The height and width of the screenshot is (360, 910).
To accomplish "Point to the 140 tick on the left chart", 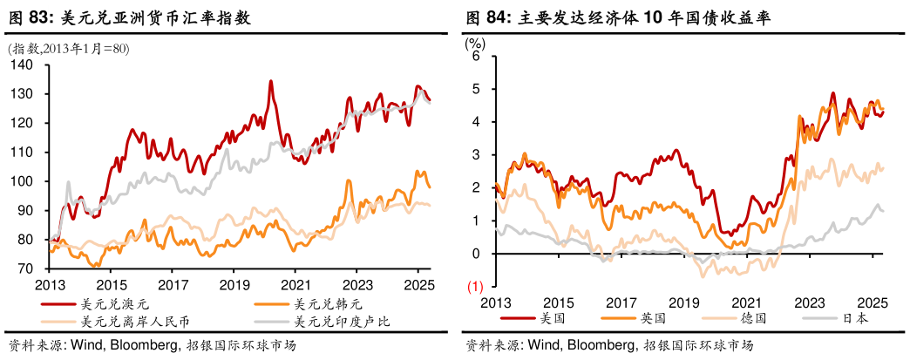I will (x=23, y=65).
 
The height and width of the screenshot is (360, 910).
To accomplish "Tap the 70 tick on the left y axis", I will (x=26, y=268).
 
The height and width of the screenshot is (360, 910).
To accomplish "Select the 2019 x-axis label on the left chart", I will (x=234, y=285).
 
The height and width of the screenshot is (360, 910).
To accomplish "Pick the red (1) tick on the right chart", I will (x=476, y=286).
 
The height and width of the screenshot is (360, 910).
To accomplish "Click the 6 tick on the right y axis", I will (x=477, y=56).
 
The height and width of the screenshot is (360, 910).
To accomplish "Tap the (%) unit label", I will (x=475, y=40).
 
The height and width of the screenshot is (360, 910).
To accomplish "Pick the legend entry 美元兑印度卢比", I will (x=342, y=322).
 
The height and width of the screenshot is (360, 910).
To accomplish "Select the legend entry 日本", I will (x=854, y=318).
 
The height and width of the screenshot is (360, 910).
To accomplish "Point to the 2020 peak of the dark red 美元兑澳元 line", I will (x=270, y=82).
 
